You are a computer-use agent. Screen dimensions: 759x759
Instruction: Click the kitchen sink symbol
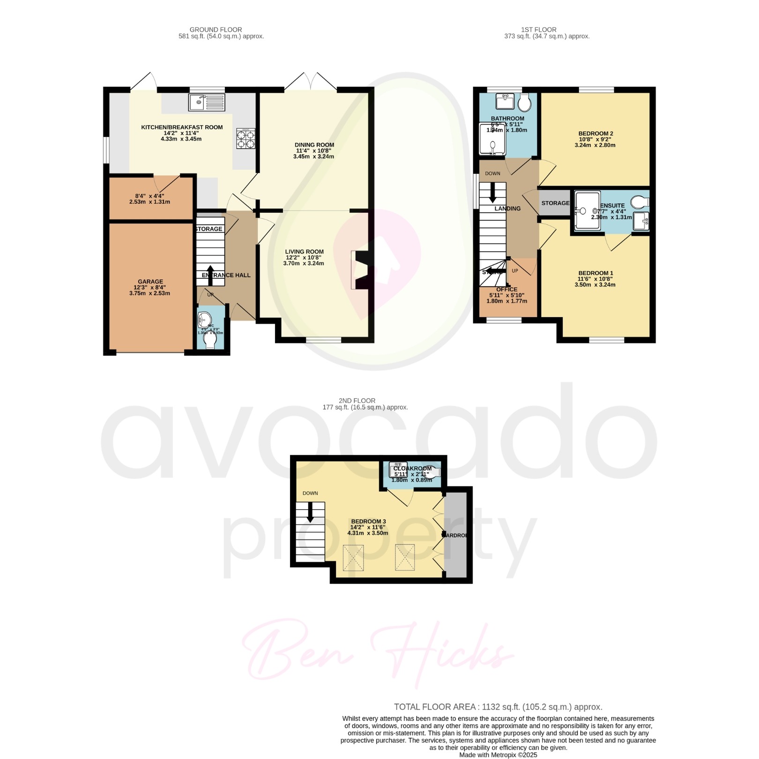point(207,102)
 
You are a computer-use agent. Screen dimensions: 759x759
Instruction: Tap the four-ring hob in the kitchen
point(246,139)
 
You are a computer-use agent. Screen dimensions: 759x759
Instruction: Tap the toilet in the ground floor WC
point(210,341)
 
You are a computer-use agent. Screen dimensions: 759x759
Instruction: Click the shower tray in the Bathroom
point(492,140)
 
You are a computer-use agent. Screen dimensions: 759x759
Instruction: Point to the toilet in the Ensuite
point(639,202)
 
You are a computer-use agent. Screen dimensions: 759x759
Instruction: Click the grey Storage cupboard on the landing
point(555,203)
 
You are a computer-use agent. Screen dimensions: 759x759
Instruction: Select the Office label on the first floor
point(506,290)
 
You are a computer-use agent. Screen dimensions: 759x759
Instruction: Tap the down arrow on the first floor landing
point(492,192)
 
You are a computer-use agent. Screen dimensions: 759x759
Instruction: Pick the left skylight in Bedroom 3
point(354,558)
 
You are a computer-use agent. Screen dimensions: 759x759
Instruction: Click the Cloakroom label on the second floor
point(412,469)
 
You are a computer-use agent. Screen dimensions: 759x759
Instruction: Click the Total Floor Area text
point(498,707)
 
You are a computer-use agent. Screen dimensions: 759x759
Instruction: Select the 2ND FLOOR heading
point(357,401)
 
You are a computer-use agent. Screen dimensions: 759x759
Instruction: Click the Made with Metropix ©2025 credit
point(498,755)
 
